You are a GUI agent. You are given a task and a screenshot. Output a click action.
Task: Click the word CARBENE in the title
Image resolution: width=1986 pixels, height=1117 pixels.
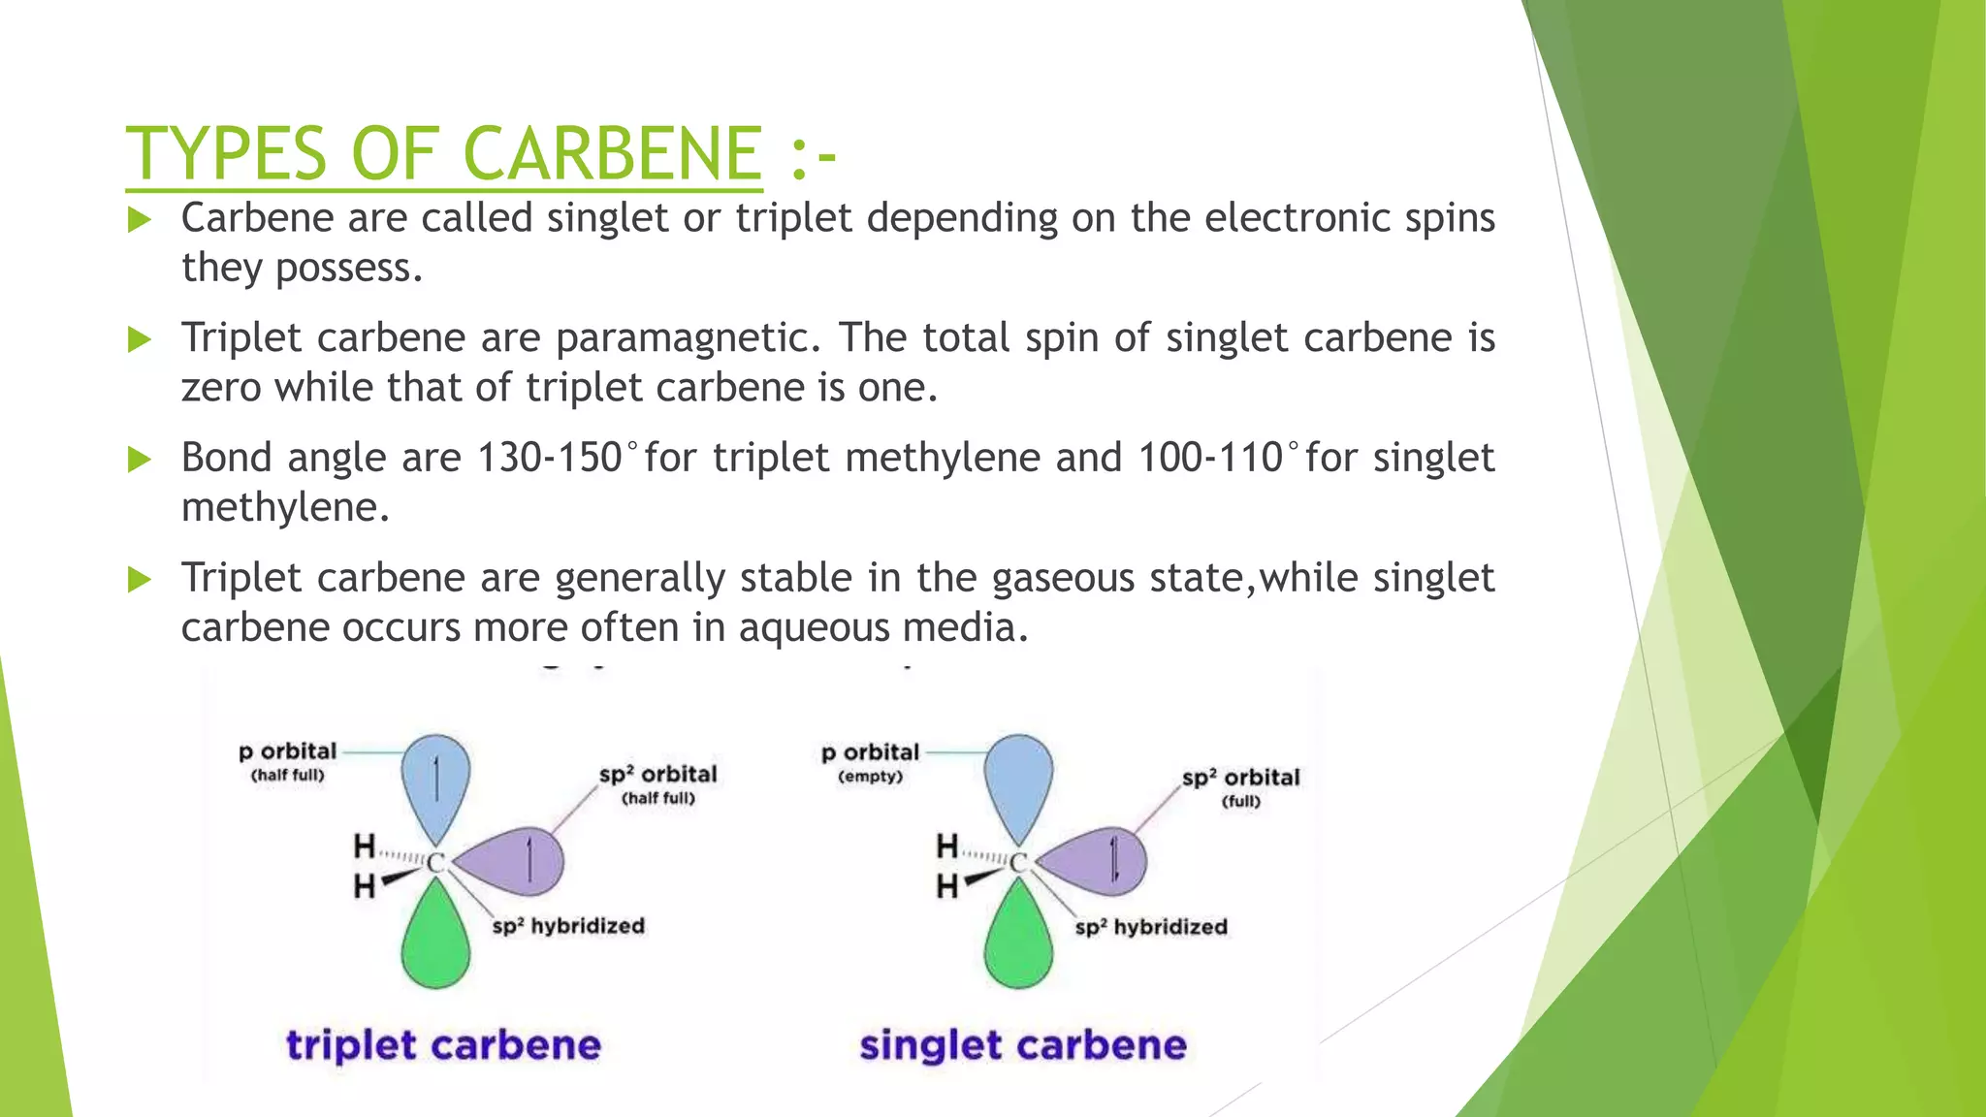[612, 153]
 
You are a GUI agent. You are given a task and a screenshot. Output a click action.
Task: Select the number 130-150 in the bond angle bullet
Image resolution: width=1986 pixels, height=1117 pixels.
[549, 458]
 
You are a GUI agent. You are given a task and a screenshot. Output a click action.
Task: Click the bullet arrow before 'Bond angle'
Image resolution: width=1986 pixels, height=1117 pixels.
[140, 459]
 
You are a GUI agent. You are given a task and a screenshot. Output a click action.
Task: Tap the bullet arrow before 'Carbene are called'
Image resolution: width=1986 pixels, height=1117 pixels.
[140, 219]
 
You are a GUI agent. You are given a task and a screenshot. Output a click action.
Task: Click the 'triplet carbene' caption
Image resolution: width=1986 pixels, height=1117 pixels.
[443, 1045]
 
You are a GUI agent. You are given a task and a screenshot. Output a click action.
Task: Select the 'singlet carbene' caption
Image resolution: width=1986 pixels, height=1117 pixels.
[1023, 1045]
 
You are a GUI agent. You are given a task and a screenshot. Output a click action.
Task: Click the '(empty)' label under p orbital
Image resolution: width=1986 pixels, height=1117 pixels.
[870, 777]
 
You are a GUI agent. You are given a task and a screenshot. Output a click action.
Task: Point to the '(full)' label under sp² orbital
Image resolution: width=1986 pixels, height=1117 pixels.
[1241, 801]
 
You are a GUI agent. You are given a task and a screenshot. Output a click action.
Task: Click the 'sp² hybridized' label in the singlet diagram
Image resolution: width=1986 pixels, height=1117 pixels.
[1151, 927]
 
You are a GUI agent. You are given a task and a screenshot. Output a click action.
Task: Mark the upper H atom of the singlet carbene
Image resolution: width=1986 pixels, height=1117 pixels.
[947, 846]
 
